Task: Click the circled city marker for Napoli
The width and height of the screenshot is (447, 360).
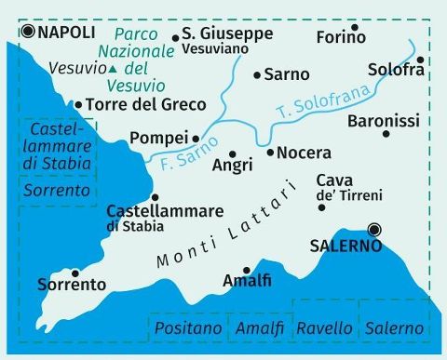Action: [x=28, y=32]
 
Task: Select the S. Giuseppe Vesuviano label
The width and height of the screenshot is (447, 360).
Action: [x=226, y=40]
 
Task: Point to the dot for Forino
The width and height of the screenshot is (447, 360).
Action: [x=354, y=26]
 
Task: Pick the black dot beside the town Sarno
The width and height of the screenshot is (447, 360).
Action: [x=257, y=73]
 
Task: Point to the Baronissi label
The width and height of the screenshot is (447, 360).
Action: [x=384, y=121]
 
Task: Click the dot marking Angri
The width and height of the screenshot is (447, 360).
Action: [x=233, y=153]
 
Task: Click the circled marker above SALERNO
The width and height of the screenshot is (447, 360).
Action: [x=373, y=229]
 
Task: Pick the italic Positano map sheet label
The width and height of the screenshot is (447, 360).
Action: [x=188, y=328]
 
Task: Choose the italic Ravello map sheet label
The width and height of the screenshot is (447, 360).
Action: [x=324, y=328]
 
